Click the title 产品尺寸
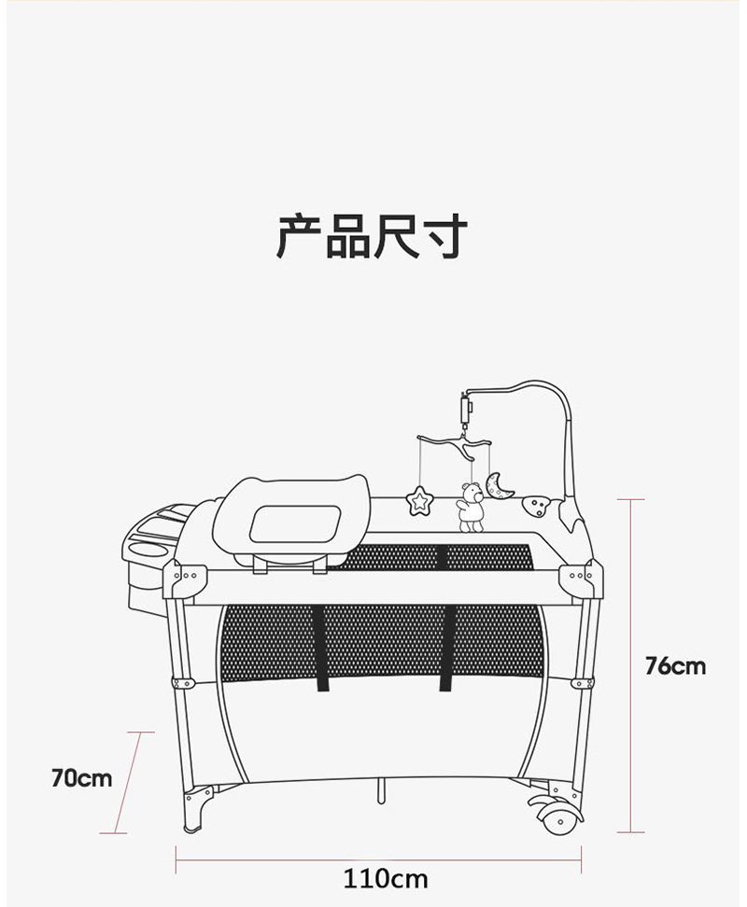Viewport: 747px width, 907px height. [372, 235]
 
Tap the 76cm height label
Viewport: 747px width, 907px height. [675, 665]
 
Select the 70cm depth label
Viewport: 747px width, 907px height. [81, 776]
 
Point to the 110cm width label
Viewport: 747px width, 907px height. [385, 878]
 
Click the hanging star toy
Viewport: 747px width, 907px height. [420, 501]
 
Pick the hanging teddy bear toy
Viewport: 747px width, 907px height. [471, 509]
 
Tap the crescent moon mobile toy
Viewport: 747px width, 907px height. [500, 484]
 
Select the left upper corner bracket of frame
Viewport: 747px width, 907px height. [185, 579]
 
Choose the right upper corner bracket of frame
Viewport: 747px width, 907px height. [581, 579]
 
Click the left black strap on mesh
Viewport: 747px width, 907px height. [323, 648]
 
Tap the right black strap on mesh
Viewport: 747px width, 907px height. [447, 648]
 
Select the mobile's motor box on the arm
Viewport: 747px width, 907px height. [466, 409]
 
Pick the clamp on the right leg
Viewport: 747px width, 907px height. [582, 683]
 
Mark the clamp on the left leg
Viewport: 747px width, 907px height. [183, 683]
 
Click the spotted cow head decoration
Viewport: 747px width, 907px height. [536, 507]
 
